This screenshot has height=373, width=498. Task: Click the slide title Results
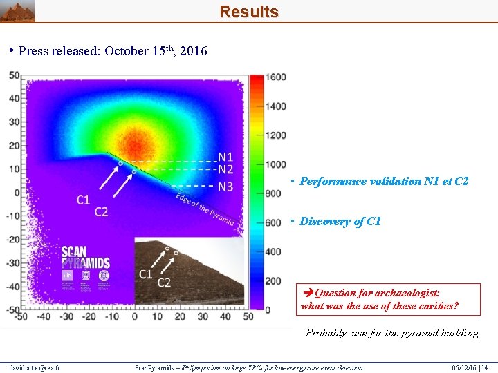(x=249, y=12)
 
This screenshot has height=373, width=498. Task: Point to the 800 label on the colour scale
(x=274, y=193)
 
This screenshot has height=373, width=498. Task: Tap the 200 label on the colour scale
(x=274, y=280)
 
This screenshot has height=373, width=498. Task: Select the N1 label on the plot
(x=225, y=157)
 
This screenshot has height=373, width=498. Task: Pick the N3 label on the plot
(x=225, y=186)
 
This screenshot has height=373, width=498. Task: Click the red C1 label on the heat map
(x=83, y=200)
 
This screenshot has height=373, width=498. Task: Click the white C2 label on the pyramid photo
(x=164, y=283)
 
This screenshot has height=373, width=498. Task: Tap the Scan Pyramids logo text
(x=86, y=258)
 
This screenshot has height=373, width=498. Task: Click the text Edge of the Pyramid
(x=205, y=209)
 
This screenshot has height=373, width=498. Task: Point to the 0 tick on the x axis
(x=136, y=317)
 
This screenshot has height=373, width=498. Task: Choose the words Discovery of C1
(x=340, y=222)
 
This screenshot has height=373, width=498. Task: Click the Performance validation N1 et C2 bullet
(x=384, y=182)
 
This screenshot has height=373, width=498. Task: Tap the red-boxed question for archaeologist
(x=379, y=300)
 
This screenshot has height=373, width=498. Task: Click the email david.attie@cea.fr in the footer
(x=35, y=367)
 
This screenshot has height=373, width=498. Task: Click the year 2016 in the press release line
(x=193, y=51)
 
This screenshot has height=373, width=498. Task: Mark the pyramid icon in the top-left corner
(x=17, y=11)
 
